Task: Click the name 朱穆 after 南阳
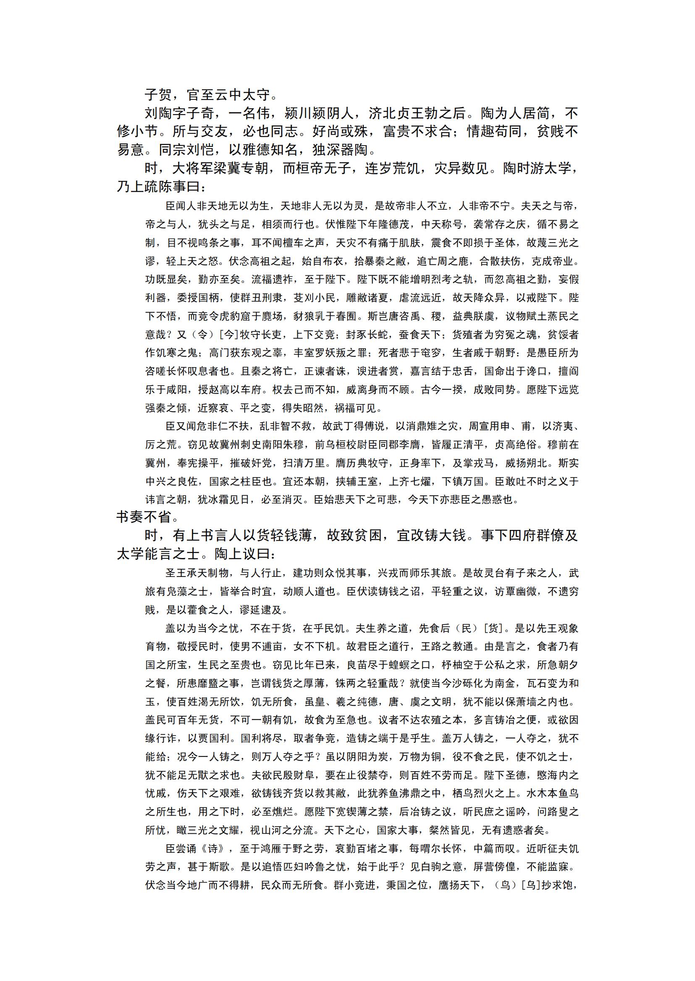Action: [293, 445]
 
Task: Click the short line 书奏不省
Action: [144, 517]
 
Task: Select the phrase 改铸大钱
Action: [439, 536]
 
